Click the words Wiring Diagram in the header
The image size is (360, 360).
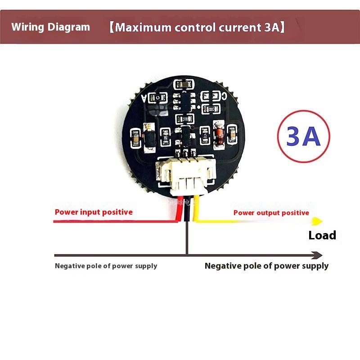click(x=50, y=27)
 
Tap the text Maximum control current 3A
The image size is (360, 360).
click(x=197, y=27)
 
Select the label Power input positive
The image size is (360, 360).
click(x=94, y=212)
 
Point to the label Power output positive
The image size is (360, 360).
click(x=271, y=213)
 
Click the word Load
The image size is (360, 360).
click(x=322, y=235)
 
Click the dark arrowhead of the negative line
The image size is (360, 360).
click(x=318, y=255)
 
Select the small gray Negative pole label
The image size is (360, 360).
click(x=106, y=265)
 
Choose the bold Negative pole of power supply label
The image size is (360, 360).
click(x=266, y=265)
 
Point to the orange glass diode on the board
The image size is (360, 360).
click(x=220, y=135)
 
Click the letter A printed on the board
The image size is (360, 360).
click(x=144, y=97)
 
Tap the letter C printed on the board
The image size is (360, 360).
click(x=224, y=96)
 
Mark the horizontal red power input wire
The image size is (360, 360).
click(x=112, y=221)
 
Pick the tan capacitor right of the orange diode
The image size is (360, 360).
click(x=233, y=134)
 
